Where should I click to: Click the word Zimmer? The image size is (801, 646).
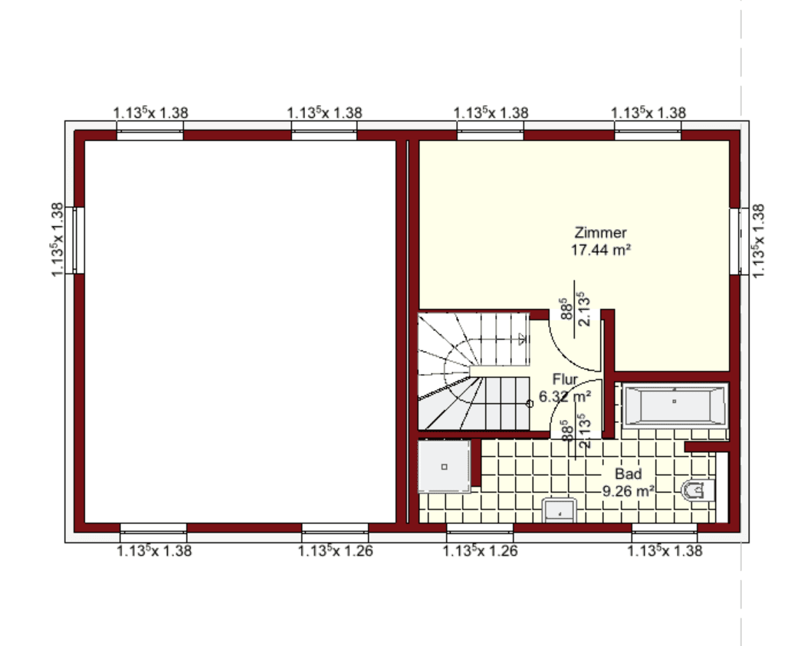pos(600,233)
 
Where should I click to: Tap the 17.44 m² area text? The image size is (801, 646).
pos(601,250)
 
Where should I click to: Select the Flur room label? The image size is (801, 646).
pos(565,379)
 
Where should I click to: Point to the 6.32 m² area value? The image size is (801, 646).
pos(565,396)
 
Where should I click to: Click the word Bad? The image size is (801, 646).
pos(628,474)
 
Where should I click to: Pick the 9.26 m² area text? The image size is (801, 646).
pos(629,491)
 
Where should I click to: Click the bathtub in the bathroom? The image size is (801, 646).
pos(675,405)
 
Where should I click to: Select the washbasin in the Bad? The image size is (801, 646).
pos(560,510)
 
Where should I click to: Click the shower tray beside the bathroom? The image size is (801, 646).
pos(444,466)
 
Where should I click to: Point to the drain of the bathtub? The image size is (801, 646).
pos(675,402)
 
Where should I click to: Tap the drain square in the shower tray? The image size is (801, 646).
pos(444,467)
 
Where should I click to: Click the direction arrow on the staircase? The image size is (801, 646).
pos(521,339)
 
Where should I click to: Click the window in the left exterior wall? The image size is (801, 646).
pos(78,240)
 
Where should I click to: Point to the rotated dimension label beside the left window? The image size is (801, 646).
pos(57,240)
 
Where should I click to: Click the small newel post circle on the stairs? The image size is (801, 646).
pos(530,403)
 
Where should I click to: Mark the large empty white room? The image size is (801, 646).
pos(240,331)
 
